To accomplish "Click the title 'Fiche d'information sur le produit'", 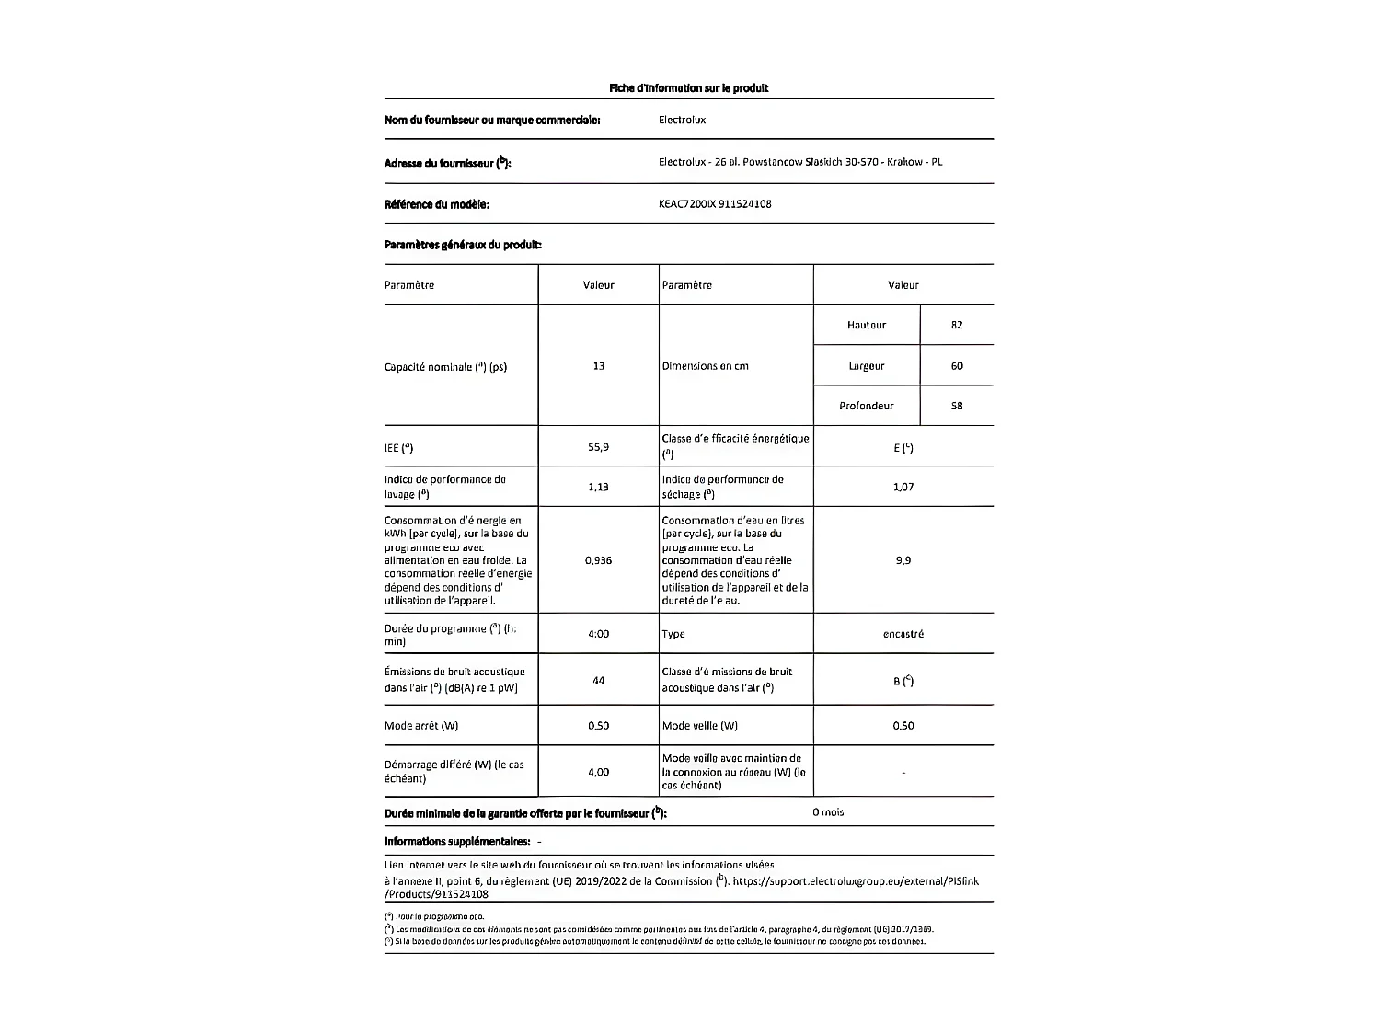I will click(x=688, y=88).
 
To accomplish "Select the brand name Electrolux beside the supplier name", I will click(x=682, y=120).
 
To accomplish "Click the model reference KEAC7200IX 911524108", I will click(x=715, y=204).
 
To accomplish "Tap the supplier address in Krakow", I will click(x=799, y=162).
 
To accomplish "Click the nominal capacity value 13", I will click(x=598, y=366).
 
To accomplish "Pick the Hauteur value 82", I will click(x=957, y=325).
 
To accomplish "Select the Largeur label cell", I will click(x=866, y=366).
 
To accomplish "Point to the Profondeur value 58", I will click(x=957, y=406).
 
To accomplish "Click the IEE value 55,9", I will click(x=598, y=447).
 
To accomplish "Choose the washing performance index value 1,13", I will click(x=598, y=487).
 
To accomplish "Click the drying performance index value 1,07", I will click(x=903, y=487).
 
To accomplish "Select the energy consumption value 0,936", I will click(x=598, y=560).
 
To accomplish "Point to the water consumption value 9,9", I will click(x=903, y=560).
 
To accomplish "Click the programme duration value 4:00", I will click(x=598, y=634).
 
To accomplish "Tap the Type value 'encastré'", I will click(x=903, y=634).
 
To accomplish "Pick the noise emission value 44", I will click(x=598, y=681).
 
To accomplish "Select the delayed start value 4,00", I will click(x=598, y=772).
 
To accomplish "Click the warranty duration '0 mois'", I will click(x=827, y=812).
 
